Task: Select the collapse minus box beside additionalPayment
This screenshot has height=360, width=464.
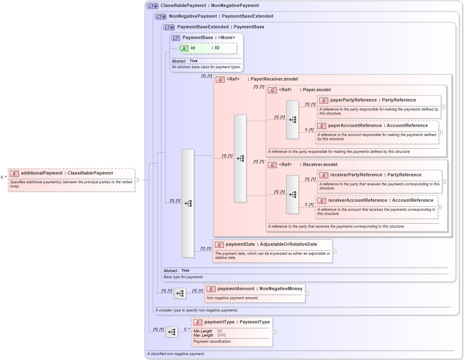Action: coord(137,180)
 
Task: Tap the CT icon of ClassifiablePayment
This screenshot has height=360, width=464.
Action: coord(153,6)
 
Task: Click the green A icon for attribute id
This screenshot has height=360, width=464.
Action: coord(184,48)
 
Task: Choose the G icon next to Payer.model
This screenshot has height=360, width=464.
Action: coord(272,90)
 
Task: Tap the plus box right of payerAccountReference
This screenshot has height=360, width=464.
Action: coord(441,132)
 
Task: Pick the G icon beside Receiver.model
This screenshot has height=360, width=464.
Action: coord(272,165)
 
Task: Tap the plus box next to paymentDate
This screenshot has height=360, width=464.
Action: coord(334,251)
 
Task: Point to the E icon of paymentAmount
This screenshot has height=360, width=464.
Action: coord(211,289)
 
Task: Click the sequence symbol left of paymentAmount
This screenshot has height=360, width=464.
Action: coord(180,293)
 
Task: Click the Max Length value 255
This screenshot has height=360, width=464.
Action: coord(221,335)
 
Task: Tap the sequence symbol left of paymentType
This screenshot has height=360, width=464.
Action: coord(172,332)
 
